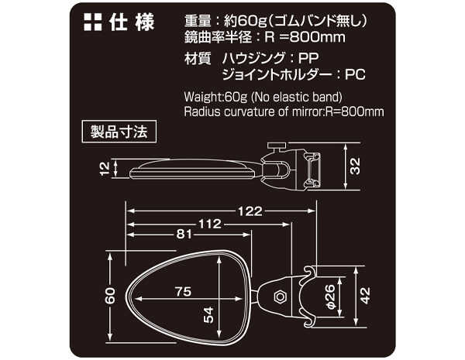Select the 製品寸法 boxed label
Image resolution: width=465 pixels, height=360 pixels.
(x=119, y=129)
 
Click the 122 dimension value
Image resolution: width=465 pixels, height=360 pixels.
(x=250, y=211)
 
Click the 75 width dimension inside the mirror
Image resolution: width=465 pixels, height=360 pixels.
(x=184, y=292)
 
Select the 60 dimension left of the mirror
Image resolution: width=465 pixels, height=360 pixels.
(x=111, y=295)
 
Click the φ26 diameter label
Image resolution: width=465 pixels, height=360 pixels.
(x=328, y=293)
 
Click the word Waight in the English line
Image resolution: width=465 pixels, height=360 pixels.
(x=203, y=98)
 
